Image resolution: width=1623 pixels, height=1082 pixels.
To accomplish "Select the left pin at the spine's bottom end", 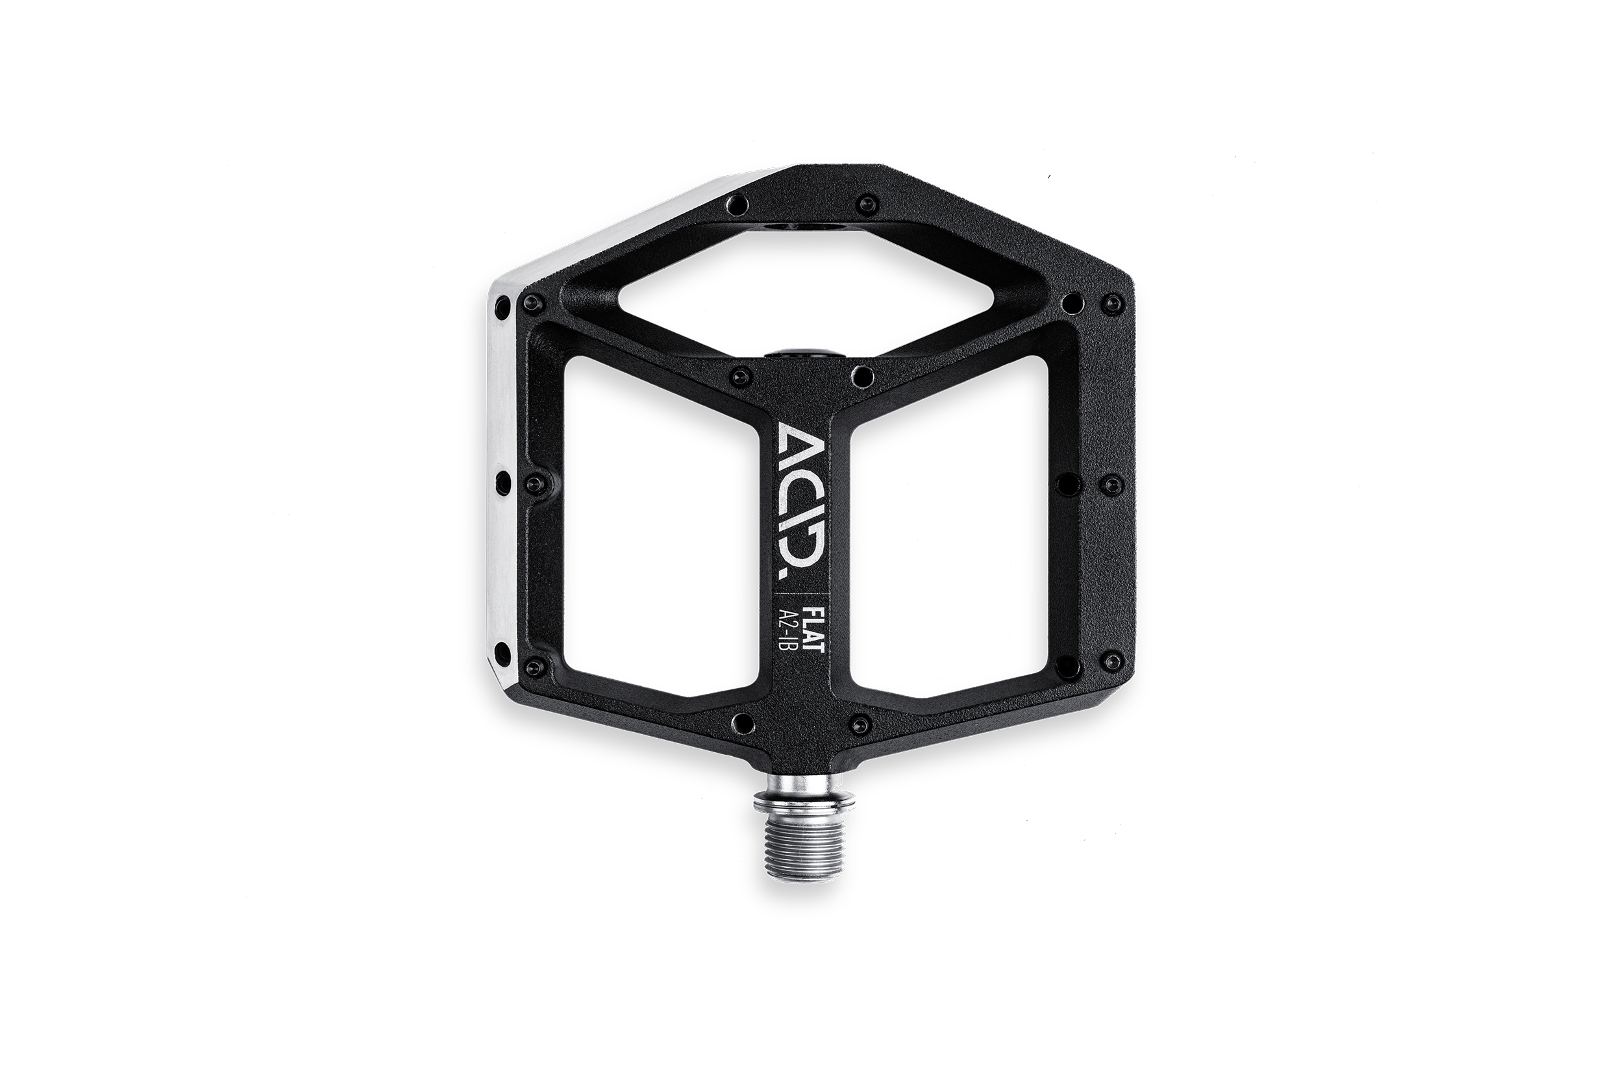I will [x=741, y=722].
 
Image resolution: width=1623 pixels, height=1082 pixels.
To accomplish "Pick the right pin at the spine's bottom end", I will [x=860, y=723].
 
